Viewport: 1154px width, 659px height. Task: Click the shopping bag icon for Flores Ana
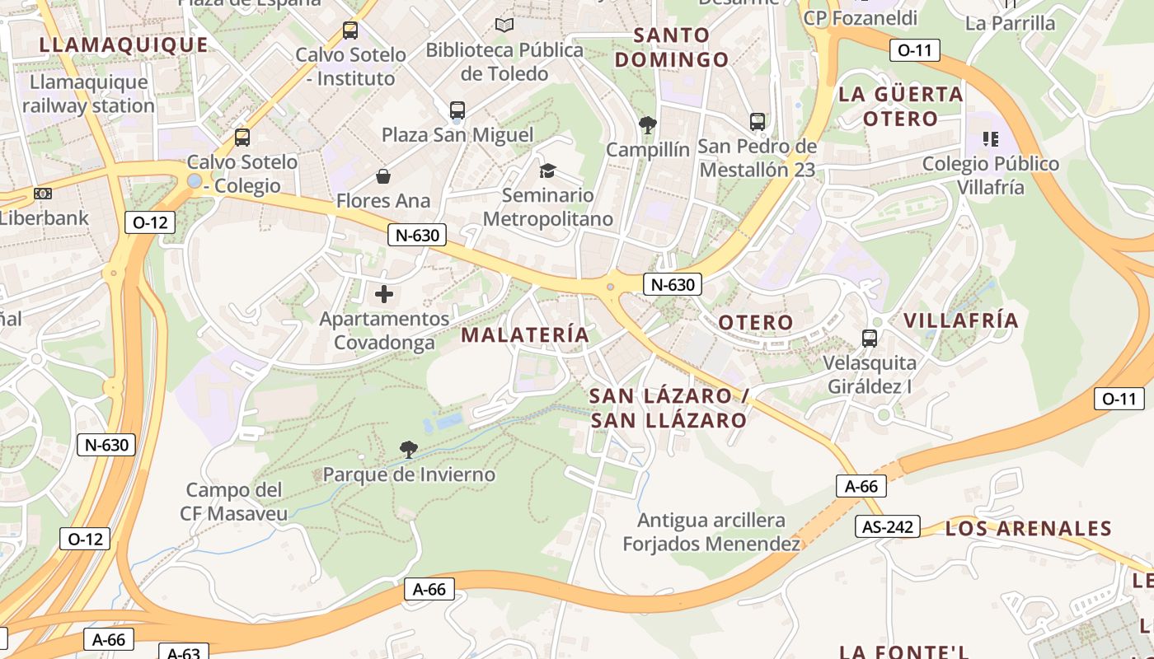(383, 176)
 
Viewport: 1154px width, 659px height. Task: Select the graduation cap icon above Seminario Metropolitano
(547, 171)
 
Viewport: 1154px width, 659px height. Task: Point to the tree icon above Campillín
(647, 125)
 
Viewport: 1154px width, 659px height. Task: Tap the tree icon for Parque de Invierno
(408, 449)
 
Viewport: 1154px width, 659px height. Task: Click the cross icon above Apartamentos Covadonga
(384, 293)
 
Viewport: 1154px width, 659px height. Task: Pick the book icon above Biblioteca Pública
(504, 26)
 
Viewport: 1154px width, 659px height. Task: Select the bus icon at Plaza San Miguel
(457, 110)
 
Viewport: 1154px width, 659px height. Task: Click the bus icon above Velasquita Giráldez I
(870, 338)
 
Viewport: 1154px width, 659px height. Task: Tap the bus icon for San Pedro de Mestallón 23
(758, 122)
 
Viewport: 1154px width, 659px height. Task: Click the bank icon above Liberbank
(43, 194)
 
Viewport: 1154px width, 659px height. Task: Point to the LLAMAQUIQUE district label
(124, 44)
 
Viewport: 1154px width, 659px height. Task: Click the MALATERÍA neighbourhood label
(525, 334)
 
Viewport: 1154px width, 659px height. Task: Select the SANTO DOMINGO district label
(672, 47)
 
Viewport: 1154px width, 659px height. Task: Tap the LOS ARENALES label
(1028, 528)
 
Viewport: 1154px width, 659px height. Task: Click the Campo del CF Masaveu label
(234, 502)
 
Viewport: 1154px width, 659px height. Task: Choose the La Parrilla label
(1010, 23)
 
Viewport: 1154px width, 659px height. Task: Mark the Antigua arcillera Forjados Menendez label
(711, 532)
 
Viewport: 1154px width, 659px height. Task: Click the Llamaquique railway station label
(88, 94)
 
